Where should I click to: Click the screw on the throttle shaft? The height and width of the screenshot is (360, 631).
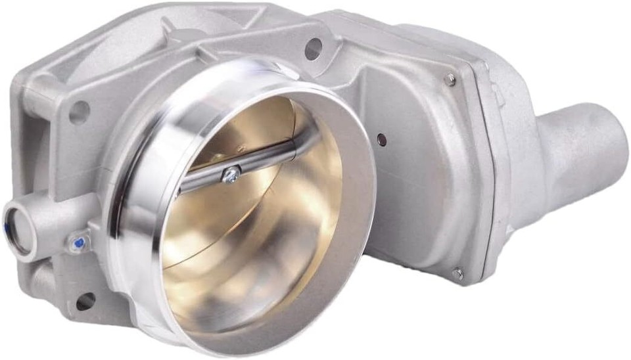click(x=231, y=173)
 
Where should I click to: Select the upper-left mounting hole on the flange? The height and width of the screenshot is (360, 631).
click(x=79, y=112)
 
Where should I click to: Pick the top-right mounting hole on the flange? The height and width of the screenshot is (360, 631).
click(x=313, y=47)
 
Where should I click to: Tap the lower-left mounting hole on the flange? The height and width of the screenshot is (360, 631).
click(x=85, y=301)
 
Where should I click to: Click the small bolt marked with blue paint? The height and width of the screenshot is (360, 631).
click(x=78, y=244)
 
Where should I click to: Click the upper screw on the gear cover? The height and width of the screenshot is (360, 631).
click(x=450, y=79)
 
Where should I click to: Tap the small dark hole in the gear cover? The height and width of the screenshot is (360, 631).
click(x=381, y=139)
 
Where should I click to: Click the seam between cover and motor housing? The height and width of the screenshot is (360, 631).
click(x=483, y=177)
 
